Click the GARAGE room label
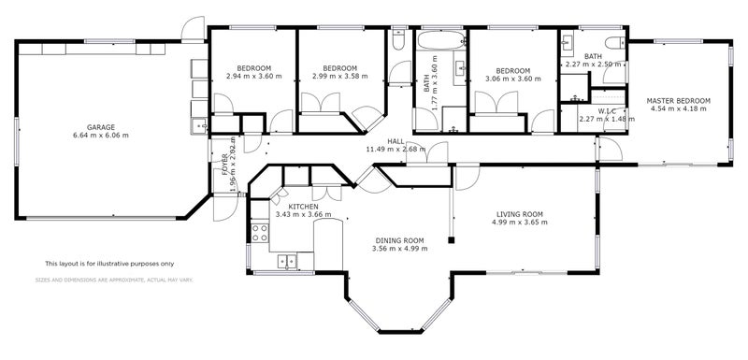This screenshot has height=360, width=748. (101, 127)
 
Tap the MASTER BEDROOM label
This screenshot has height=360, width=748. (679, 101)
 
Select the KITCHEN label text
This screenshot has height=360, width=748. (303, 207)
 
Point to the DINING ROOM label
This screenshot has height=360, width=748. (399, 240)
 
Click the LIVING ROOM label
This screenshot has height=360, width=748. (520, 214)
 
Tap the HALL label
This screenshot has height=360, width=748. (396, 141)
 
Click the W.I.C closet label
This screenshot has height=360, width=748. (605, 111)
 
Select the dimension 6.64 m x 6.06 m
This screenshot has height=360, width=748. (101, 136)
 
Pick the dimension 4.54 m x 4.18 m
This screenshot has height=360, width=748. (679, 108)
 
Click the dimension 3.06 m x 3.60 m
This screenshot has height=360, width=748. (513, 79)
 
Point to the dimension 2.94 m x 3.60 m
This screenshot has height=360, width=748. (253, 76)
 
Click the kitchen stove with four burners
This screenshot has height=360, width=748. (260, 233)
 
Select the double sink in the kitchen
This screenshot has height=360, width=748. (287, 261)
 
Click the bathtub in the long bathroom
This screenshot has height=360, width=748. (441, 40)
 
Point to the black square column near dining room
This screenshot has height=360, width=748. (451, 240)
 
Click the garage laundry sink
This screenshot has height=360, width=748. (199, 125)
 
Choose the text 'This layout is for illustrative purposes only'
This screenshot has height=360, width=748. (109, 263)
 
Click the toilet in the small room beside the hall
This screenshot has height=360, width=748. (397, 39)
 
